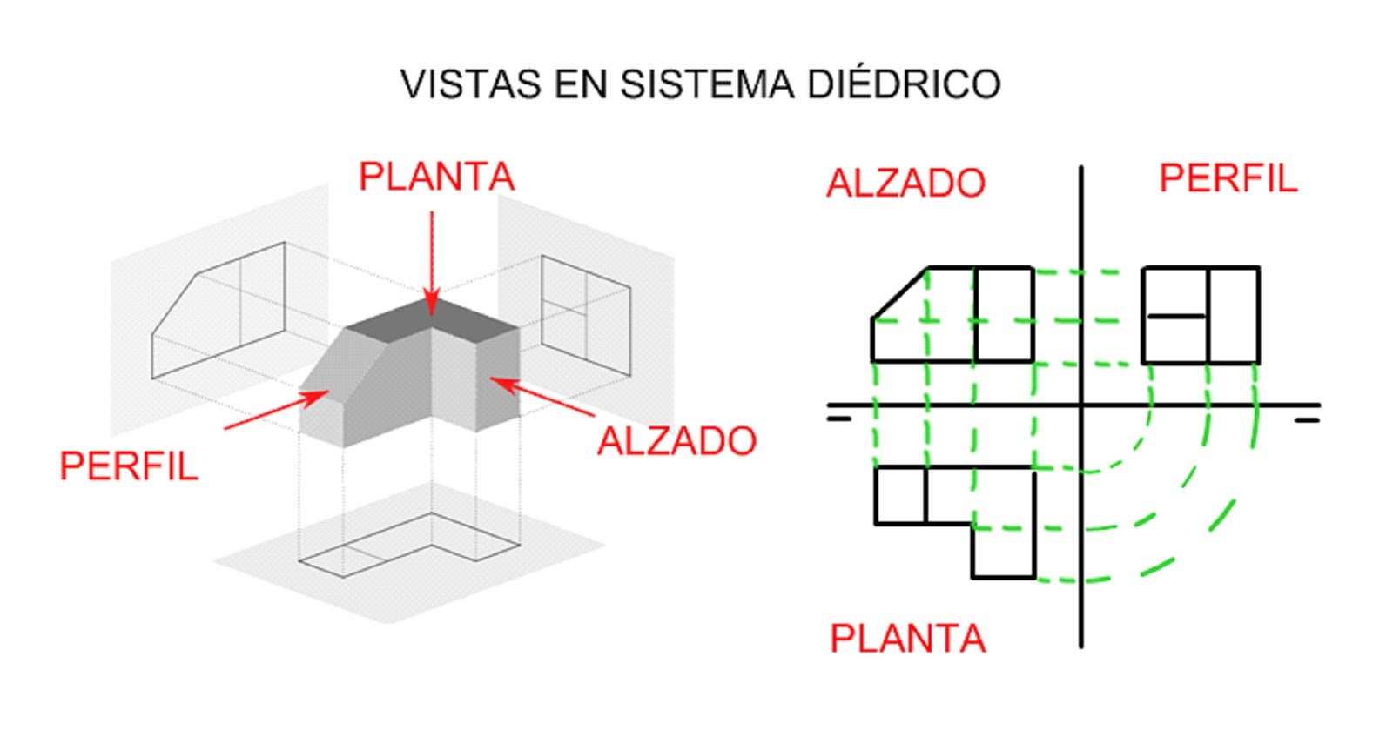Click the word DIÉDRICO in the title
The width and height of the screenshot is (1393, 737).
904,84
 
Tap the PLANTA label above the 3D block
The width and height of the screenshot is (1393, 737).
436,178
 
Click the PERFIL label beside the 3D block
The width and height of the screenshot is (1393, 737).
129,467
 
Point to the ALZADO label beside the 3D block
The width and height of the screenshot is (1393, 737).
676,441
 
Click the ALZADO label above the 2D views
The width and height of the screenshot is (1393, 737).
905,184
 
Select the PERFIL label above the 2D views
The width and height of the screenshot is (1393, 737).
1228,178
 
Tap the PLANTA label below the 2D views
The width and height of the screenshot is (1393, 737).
907,640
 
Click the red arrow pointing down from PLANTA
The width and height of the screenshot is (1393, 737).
432,261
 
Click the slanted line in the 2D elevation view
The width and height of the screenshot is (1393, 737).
899,294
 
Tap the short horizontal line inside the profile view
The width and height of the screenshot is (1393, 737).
1176,316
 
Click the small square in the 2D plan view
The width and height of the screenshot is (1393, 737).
900,496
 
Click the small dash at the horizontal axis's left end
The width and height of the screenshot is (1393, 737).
838,419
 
